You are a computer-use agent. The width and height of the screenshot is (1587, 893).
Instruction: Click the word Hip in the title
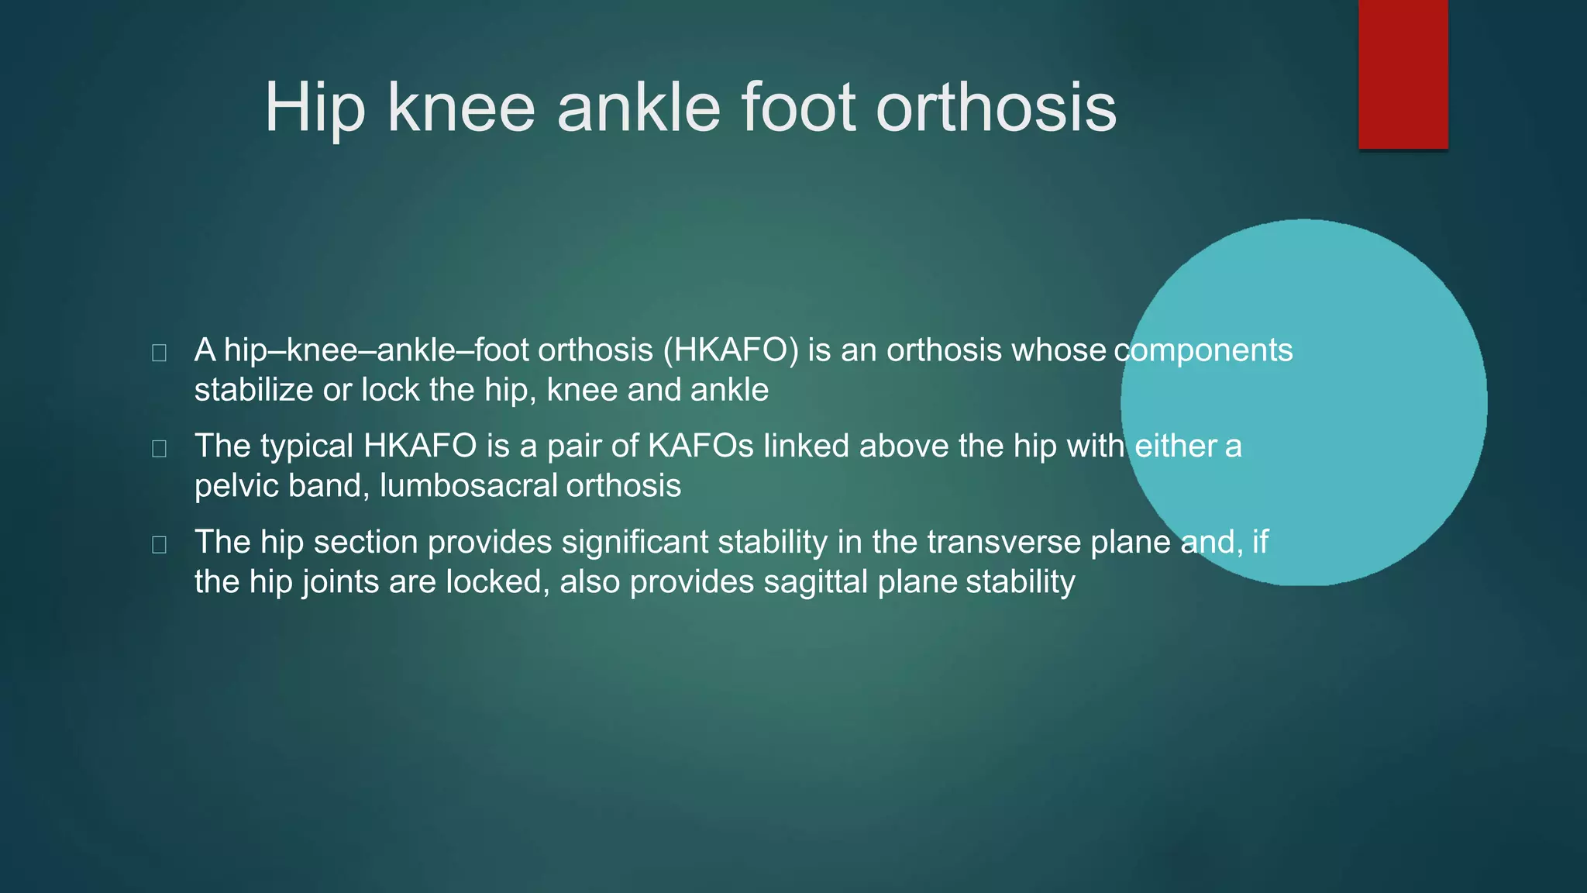[x=314, y=109]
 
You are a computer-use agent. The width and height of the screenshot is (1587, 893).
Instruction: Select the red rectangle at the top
[x=1403, y=74]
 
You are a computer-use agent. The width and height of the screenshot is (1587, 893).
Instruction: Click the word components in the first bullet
[x=1203, y=350]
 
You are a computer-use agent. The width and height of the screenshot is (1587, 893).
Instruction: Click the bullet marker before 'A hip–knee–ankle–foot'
[x=160, y=353]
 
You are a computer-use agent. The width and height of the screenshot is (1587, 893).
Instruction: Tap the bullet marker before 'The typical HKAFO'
[x=160, y=449]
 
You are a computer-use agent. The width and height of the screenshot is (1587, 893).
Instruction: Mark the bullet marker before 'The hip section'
[x=160, y=545]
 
